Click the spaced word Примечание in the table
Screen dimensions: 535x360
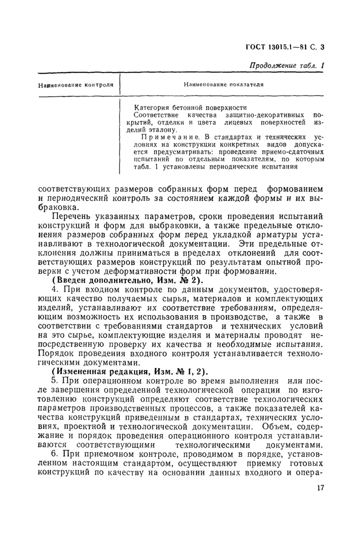pyautogui.click(x=163, y=137)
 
